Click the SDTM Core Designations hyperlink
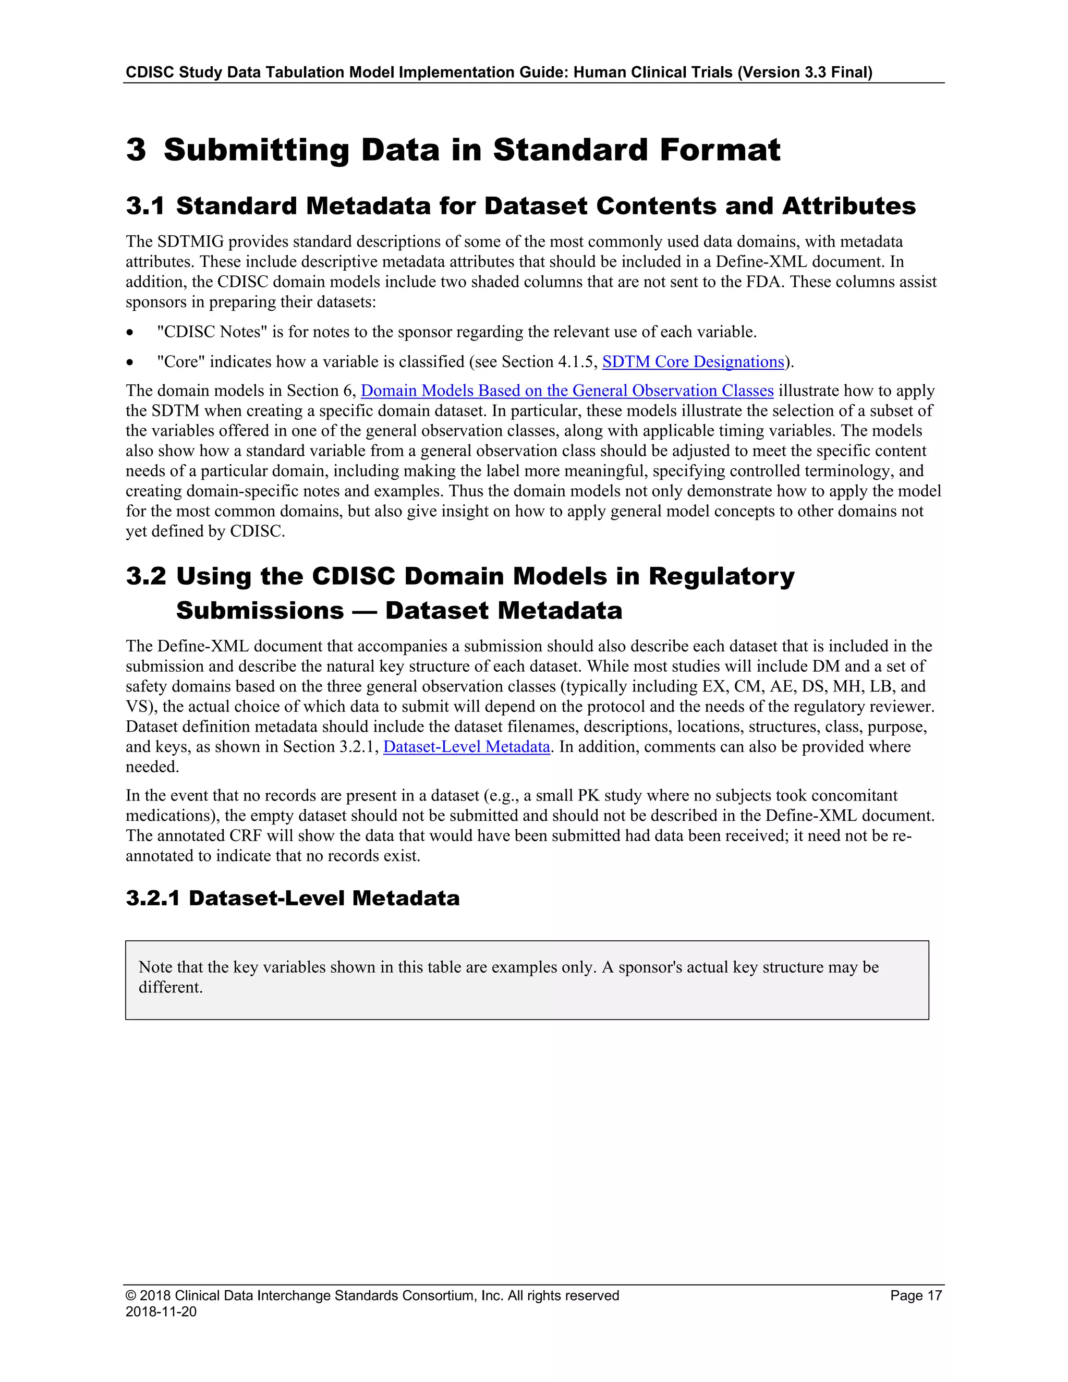click(693, 361)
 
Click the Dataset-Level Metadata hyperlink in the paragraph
click(466, 747)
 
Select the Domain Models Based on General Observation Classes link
click(567, 391)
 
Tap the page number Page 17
click(916, 1295)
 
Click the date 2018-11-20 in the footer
click(161, 1311)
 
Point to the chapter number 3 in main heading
click(136, 150)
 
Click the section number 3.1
click(145, 207)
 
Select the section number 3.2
click(145, 576)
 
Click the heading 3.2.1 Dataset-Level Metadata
click(293, 898)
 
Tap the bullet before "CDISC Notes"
click(130, 333)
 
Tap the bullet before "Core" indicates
click(130, 362)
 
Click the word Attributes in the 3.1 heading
click(848, 207)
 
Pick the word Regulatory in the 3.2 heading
click(721, 576)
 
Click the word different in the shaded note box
click(170, 987)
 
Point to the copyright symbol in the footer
click(131, 1295)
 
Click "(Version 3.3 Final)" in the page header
click(805, 72)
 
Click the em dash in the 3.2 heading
click(365, 611)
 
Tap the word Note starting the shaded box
click(155, 967)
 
